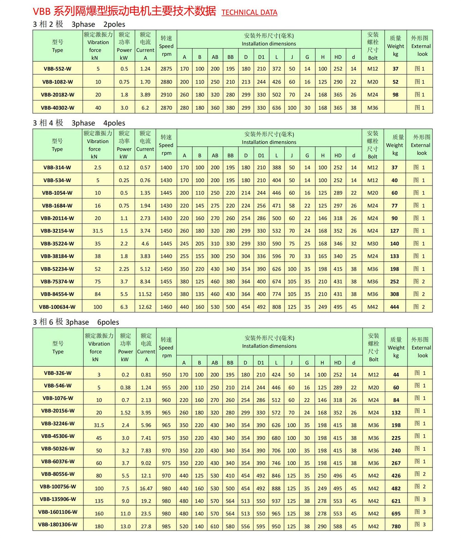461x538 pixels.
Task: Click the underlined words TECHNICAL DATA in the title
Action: (x=249, y=12)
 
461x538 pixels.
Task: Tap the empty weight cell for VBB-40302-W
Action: (x=395, y=108)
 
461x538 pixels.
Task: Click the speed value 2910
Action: (x=166, y=95)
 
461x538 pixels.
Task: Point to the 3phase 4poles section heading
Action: (x=79, y=123)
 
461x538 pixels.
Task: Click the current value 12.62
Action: (x=145, y=307)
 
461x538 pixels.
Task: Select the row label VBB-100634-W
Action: (x=57, y=307)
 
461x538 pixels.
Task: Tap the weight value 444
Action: (x=396, y=307)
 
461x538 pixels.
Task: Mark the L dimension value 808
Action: (x=276, y=307)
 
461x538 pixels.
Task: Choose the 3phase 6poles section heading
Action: (x=76, y=322)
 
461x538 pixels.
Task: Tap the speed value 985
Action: (x=166, y=525)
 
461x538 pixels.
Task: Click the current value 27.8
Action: (x=146, y=525)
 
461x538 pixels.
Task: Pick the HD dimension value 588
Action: (x=338, y=525)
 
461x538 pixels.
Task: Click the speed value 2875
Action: (x=166, y=69)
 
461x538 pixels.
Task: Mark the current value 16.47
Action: (x=146, y=487)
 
